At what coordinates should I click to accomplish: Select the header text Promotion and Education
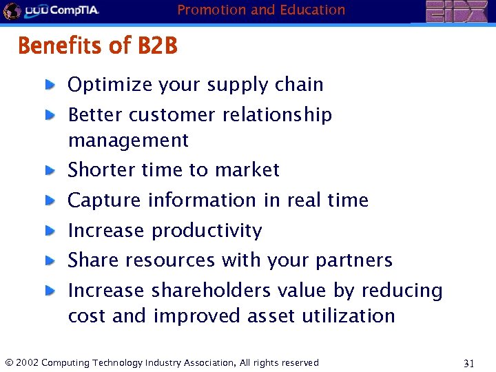tap(261, 10)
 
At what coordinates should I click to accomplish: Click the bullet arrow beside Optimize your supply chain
tap(50, 85)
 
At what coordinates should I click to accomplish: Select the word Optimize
tap(110, 85)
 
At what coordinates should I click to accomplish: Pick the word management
tap(128, 141)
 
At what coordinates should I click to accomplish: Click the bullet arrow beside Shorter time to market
tap(50, 170)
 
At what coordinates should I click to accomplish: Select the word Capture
tap(105, 200)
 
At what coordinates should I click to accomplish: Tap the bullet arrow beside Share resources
tap(50, 260)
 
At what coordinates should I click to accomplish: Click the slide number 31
tap(468, 363)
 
